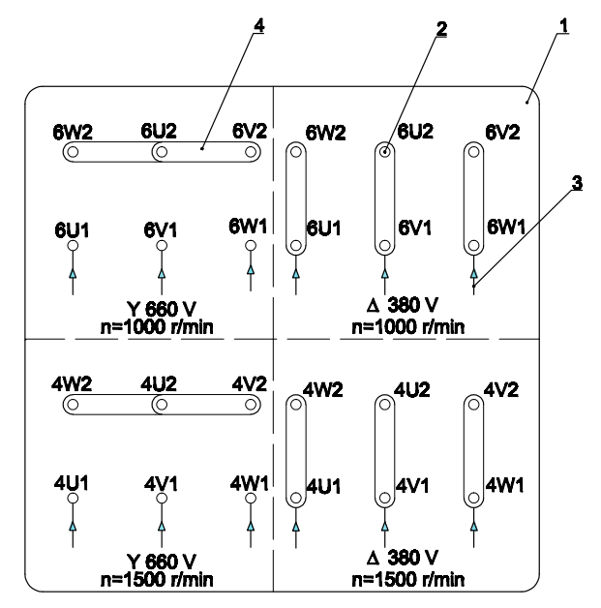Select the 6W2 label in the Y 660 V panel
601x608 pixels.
tap(74, 133)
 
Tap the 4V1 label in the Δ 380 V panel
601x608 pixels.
tap(413, 481)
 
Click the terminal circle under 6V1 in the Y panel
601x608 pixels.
tap(162, 246)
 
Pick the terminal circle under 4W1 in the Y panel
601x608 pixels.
tap(251, 497)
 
